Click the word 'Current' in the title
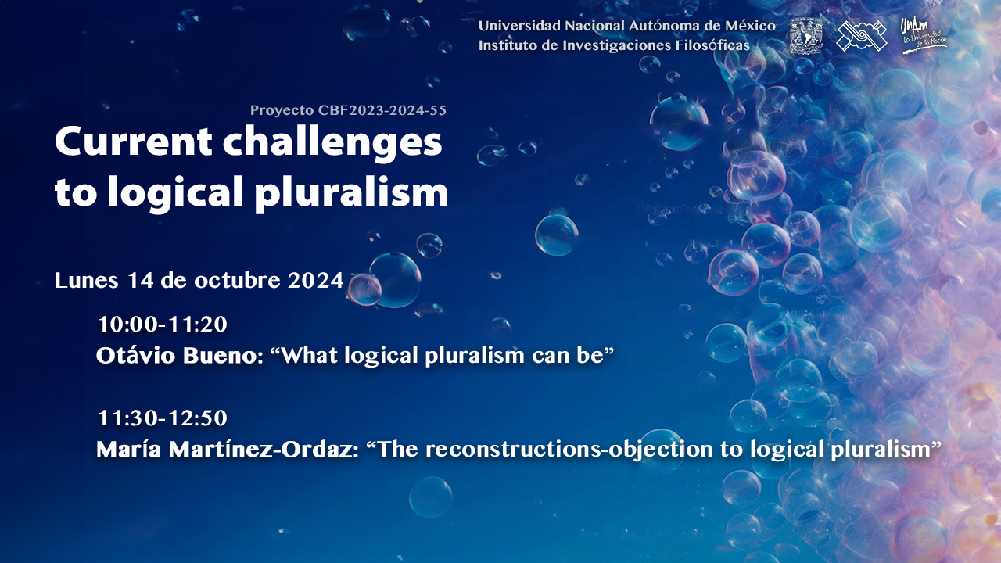coord(133,142)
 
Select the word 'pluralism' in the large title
coord(352,193)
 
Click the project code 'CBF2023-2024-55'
coord(382,110)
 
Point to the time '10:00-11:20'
coord(163,325)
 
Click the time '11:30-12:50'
coord(163,418)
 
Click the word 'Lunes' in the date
coord(86,281)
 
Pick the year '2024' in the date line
coord(315,281)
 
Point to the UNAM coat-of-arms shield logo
coord(805,36)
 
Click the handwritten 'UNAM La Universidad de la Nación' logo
coord(924,36)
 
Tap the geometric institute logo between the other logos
coord(862,36)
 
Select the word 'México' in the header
coord(750,26)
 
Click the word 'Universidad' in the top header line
coord(519,26)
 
